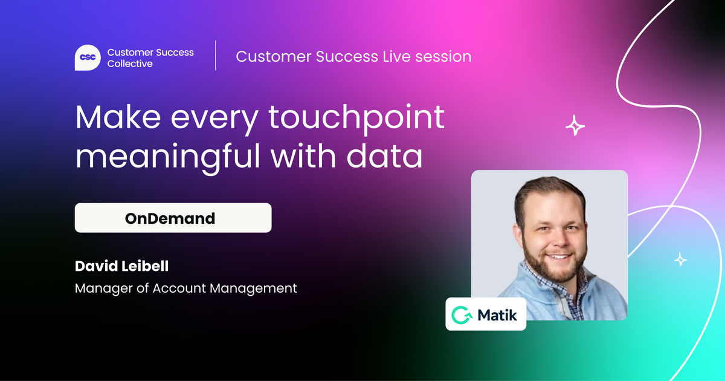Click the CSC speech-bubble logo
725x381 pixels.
pyautogui.click(x=88, y=57)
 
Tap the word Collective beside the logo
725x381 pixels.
pyautogui.click(x=130, y=63)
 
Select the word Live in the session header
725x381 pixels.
pyautogui.click(x=396, y=56)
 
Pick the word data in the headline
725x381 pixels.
pyautogui.click(x=384, y=156)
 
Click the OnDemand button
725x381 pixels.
pyautogui.click(x=173, y=218)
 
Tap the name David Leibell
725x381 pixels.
pyautogui.click(x=121, y=266)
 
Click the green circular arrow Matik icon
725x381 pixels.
pyautogui.click(x=462, y=315)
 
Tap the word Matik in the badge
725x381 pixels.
pyautogui.click(x=497, y=315)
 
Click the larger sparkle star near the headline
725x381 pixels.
pyautogui.click(x=575, y=125)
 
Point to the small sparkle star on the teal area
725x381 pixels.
pyautogui.click(x=680, y=259)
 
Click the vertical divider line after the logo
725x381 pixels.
pyautogui.click(x=216, y=56)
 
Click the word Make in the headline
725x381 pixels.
pyautogui.click(x=118, y=117)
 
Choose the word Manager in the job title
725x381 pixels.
pyautogui.click(x=103, y=288)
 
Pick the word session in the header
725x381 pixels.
pyautogui.click(x=443, y=57)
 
